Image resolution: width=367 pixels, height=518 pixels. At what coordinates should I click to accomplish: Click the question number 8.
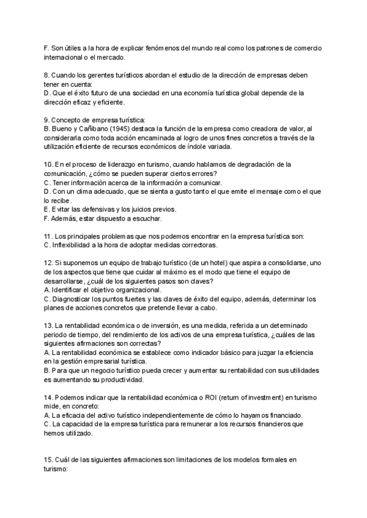pyautogui.click(x=48, y=75)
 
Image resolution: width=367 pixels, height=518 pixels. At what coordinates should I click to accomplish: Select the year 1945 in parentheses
pyautogui.click(x=117, y=129)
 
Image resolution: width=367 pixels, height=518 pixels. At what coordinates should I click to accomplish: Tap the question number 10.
pyautogui.click(x=50, y=164)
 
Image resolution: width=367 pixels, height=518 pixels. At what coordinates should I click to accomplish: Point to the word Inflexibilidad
pyautogui.click(x=76, y=245)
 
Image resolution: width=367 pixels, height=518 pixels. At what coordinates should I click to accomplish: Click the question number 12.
pyautogui.click(x=50, y=262)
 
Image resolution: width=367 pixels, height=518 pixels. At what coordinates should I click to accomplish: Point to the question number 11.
pyautogui.click(x=50, y=236)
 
